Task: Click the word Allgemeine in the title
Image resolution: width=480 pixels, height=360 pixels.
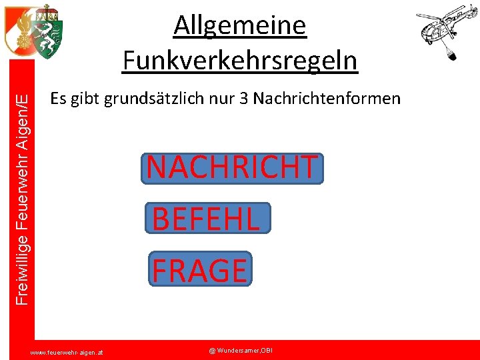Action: point(240,27)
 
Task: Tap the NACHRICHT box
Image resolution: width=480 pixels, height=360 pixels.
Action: point(232,168)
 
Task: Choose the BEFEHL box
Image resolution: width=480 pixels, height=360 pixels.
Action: point(208,218)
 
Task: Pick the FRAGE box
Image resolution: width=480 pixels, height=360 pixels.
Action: point(200,269)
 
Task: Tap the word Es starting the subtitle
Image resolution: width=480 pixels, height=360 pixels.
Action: point(57,99)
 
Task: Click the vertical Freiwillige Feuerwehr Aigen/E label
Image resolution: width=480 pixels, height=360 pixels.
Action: point(22,200)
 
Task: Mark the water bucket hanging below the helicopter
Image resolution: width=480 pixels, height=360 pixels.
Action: point(452,54)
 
